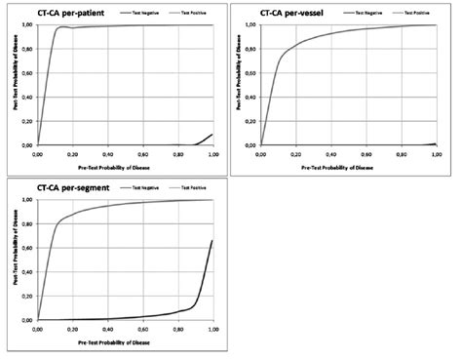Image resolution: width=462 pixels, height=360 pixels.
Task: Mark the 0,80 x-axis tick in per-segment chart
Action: point(177,327)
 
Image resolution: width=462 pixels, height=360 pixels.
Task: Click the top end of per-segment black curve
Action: point(212,240)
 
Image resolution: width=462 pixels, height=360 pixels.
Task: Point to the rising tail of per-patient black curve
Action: point(208,138)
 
